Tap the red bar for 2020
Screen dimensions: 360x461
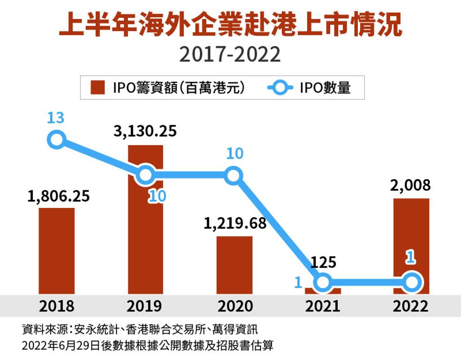coord(234,265)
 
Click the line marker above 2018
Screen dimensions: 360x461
coord(57,140)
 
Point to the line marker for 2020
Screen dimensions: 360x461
coord(233,175)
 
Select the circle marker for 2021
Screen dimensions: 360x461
coord(322,283)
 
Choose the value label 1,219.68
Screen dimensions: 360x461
coord(235,224)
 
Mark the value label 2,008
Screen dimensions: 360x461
coord(411,185)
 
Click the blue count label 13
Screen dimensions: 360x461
coord(56,118)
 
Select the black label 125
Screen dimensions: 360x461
coord(323,262)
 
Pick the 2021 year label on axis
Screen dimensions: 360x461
coord(322,306)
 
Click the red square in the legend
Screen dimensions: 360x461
coord(97,87)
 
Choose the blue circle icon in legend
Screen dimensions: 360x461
coord(280,87)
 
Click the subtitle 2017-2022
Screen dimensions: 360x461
coord(230,55)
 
